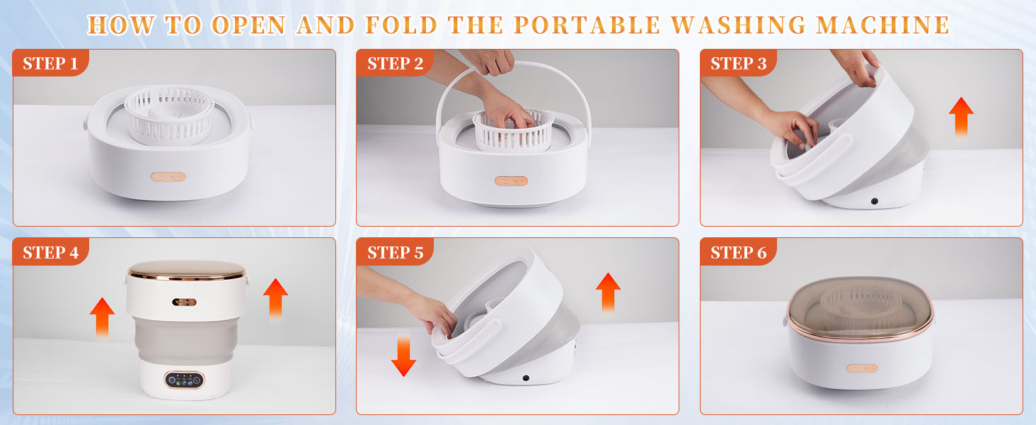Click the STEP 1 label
(50, 64)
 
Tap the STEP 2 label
(395, 64)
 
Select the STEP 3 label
(738, 64)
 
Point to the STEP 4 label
(50, 253)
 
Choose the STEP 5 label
(395, 253)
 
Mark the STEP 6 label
(738, 253)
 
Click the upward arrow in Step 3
(961, 116)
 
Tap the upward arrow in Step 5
(608, 292)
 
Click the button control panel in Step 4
(185, 380)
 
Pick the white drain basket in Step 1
(169, 113)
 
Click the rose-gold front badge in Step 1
(168, 176)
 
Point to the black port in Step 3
(875, 202)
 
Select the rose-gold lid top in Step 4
(186, 270)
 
